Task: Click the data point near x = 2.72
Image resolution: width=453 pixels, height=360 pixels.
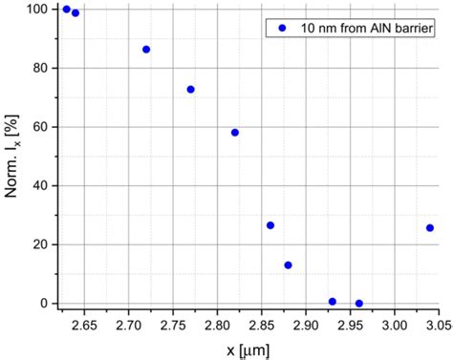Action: coord(146,50)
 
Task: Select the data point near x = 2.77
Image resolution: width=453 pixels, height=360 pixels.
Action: coord(190,90)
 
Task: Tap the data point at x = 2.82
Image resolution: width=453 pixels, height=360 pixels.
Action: coord(235,133)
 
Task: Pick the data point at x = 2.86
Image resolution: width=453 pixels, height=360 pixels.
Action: coord(270,225)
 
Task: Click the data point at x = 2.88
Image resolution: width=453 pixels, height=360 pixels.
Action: coord(288,265)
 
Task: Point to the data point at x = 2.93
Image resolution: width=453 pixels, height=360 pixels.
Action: coord(333,302)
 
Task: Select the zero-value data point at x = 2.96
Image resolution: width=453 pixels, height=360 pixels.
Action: coord(359,304)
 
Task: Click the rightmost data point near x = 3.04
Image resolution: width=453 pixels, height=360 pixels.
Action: coord(430,228)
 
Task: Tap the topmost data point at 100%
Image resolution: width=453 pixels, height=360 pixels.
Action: coord(67,10)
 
